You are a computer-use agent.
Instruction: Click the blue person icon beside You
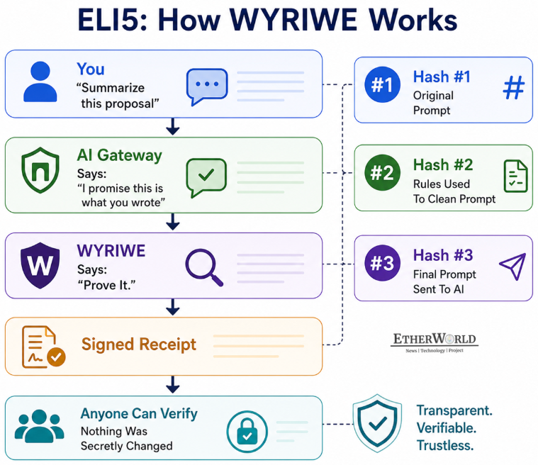point(40,82)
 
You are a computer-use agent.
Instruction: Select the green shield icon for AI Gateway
point(40,170)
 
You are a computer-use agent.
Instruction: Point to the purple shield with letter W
point(40,265)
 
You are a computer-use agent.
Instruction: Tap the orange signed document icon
point(43,347)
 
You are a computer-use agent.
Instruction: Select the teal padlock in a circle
point(247,432)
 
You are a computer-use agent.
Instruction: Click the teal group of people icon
point(39,425)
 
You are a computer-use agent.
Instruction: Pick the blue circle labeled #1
point(382,84)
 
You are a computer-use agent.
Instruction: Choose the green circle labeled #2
point(382,172)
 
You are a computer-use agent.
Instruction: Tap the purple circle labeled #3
point(382,263)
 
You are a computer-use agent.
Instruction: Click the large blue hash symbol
point(514,87)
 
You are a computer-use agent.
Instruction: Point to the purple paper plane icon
point(512,267)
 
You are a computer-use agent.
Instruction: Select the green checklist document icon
point(515,176)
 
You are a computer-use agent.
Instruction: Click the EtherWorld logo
point(435,342)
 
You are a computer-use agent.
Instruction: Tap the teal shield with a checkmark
point(377,422)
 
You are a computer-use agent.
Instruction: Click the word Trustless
point(445,445)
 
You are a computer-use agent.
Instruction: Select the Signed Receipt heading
point(139,344)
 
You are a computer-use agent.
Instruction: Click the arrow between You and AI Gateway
point(172,127)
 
